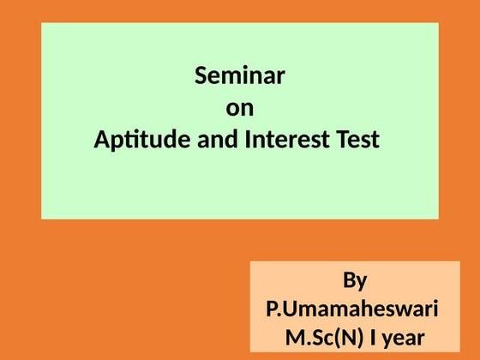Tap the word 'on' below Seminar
tap(240, 109)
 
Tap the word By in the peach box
tap(355, 281)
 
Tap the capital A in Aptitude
tap(101, 138)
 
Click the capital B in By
tap(348, 280)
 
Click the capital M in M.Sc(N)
tap(295, 336)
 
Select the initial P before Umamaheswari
tap(273, 309)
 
